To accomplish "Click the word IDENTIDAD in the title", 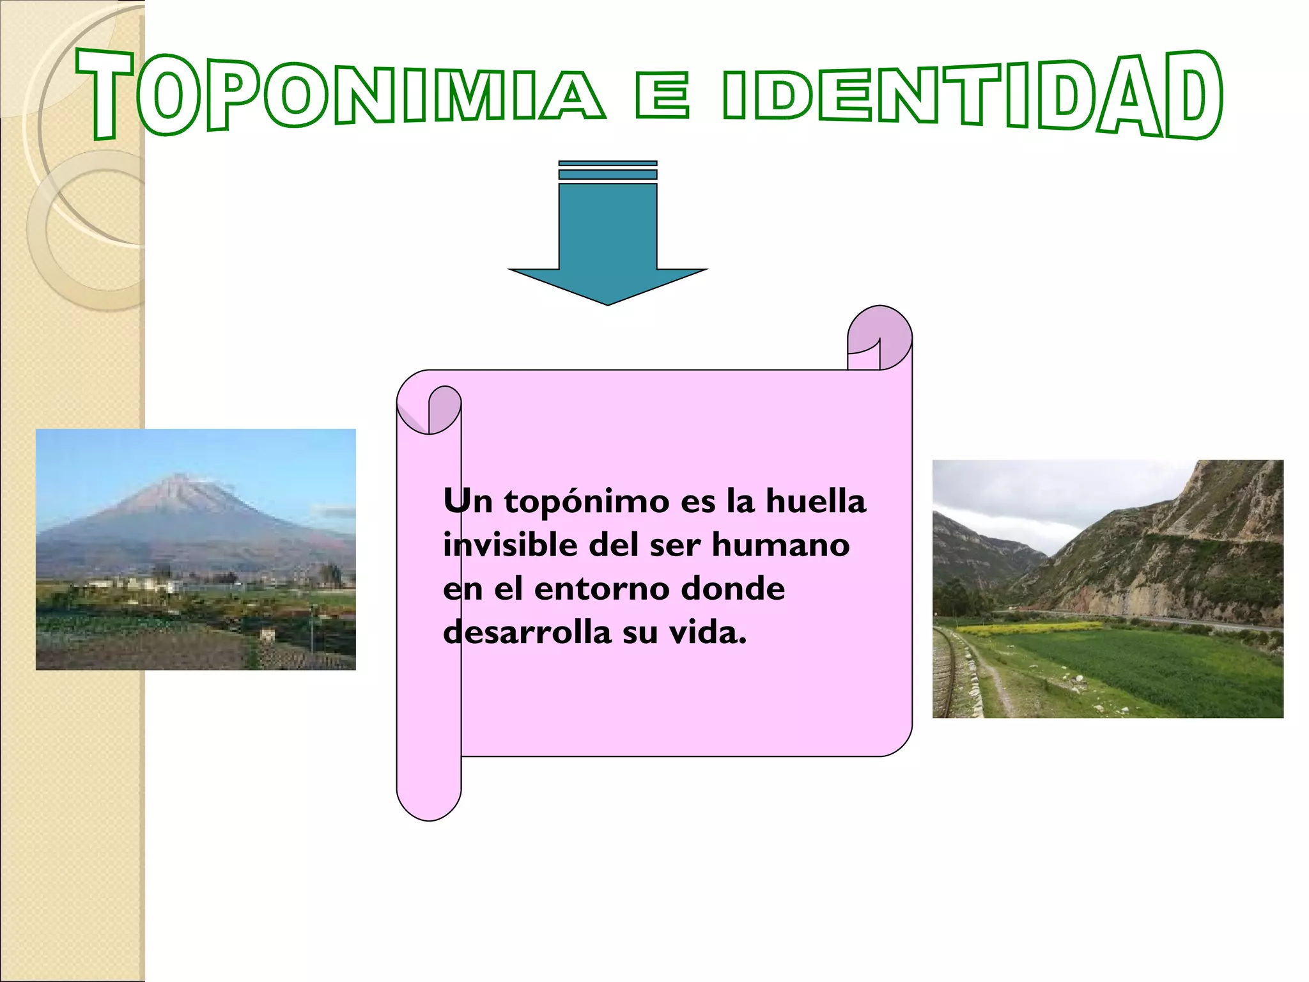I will [x=972, y=96].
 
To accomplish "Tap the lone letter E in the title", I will [x=663, y=96].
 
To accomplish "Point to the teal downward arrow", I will [x=608, y=243].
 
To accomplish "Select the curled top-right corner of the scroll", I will [x=879, y=336].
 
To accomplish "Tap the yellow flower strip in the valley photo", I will [x=1029, y=628].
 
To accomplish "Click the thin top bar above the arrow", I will [x=608, y=164].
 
